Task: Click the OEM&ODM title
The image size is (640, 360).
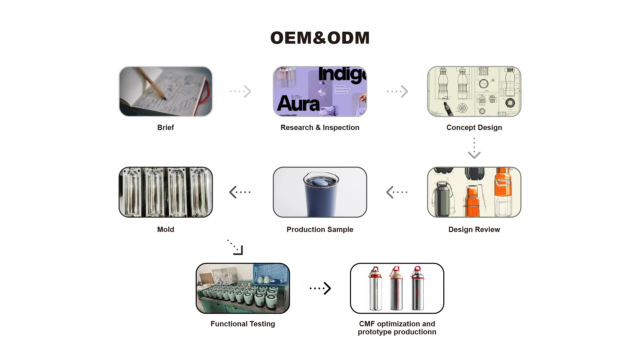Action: point(320,38)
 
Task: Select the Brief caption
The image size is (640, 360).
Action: point(165,127)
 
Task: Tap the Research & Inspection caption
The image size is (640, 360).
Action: point(320,127)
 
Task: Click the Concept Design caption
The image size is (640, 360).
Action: point(474,127)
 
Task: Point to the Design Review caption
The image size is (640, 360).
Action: point(474,229)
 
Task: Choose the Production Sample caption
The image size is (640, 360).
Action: point(320,229)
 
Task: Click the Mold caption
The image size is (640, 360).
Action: point(165,229)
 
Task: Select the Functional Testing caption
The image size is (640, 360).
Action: point(243,324)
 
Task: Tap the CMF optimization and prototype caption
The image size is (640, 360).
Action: point(397,328)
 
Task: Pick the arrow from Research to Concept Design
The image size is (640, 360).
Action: point(397,91)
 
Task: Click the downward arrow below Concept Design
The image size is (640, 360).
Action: point(474,149)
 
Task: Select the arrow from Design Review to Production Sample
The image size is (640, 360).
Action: point(397,192)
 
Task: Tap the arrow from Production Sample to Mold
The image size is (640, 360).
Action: point(240,192)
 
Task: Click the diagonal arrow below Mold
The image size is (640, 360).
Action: point(236,247)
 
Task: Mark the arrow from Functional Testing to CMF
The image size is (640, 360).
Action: point(320,288)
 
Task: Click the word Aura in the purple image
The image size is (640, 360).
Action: point(298,104)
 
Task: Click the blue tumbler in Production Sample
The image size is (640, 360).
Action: point(320,197)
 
